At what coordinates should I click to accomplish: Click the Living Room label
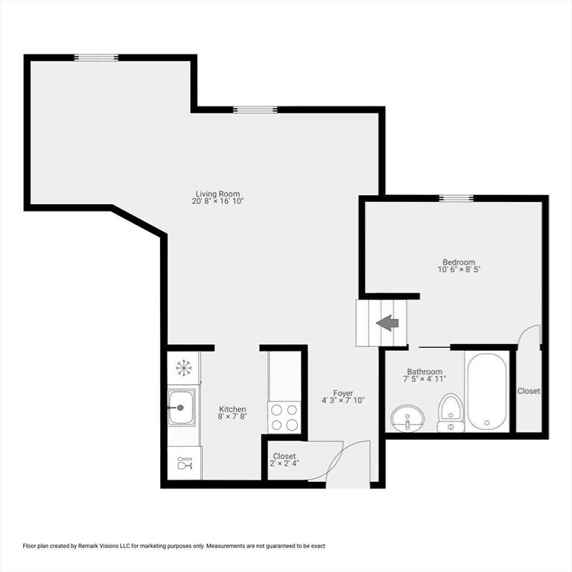click(217, 193)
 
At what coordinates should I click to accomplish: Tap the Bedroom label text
click(459, 262)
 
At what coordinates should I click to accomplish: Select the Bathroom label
click(425, 372)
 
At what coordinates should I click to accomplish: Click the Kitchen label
click(232, 409)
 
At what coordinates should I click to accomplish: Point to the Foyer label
click(343, 393)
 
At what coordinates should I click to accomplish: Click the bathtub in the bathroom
click(487, 390)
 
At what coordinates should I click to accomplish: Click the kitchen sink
click(182, 407)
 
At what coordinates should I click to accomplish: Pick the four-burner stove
click(284, 417)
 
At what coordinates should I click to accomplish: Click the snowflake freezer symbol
click(183, 367)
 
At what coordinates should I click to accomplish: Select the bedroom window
click(456, 198)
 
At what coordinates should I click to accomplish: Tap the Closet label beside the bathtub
click(529, 391)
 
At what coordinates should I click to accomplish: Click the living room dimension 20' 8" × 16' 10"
click(217, 201)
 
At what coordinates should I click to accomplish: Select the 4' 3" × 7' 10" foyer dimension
click(343, 401)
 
